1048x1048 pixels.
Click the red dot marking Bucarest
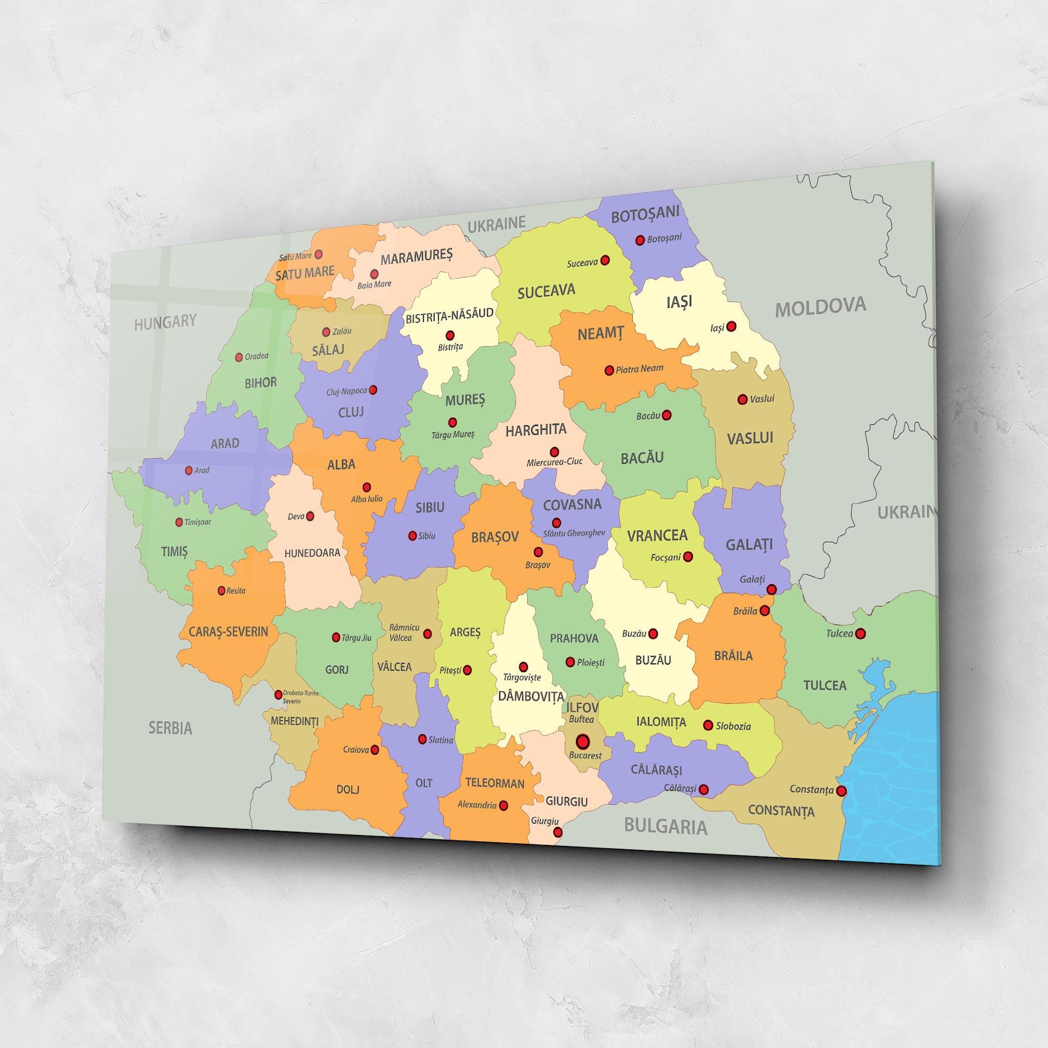[582, 741]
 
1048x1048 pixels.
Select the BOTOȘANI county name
[645, 214]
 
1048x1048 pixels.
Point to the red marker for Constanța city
[841, 791]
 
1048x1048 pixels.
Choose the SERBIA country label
[170, 728]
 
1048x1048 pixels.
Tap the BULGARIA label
[665, 826]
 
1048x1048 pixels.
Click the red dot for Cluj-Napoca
[373, 390]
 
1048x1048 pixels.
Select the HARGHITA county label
[536, 430]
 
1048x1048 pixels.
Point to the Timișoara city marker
[179, 522]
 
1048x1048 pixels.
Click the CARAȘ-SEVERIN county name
[228, 632]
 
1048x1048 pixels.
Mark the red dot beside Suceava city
[605, 260]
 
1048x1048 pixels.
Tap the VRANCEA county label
[657, 535]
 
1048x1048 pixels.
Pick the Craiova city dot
[375, 750]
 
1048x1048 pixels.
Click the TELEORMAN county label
[495, 783]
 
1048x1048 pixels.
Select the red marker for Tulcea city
[860, 633]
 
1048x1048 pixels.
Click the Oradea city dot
[239, 357]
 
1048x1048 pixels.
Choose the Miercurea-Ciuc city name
[554, 462]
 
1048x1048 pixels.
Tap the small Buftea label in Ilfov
[581, 719]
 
